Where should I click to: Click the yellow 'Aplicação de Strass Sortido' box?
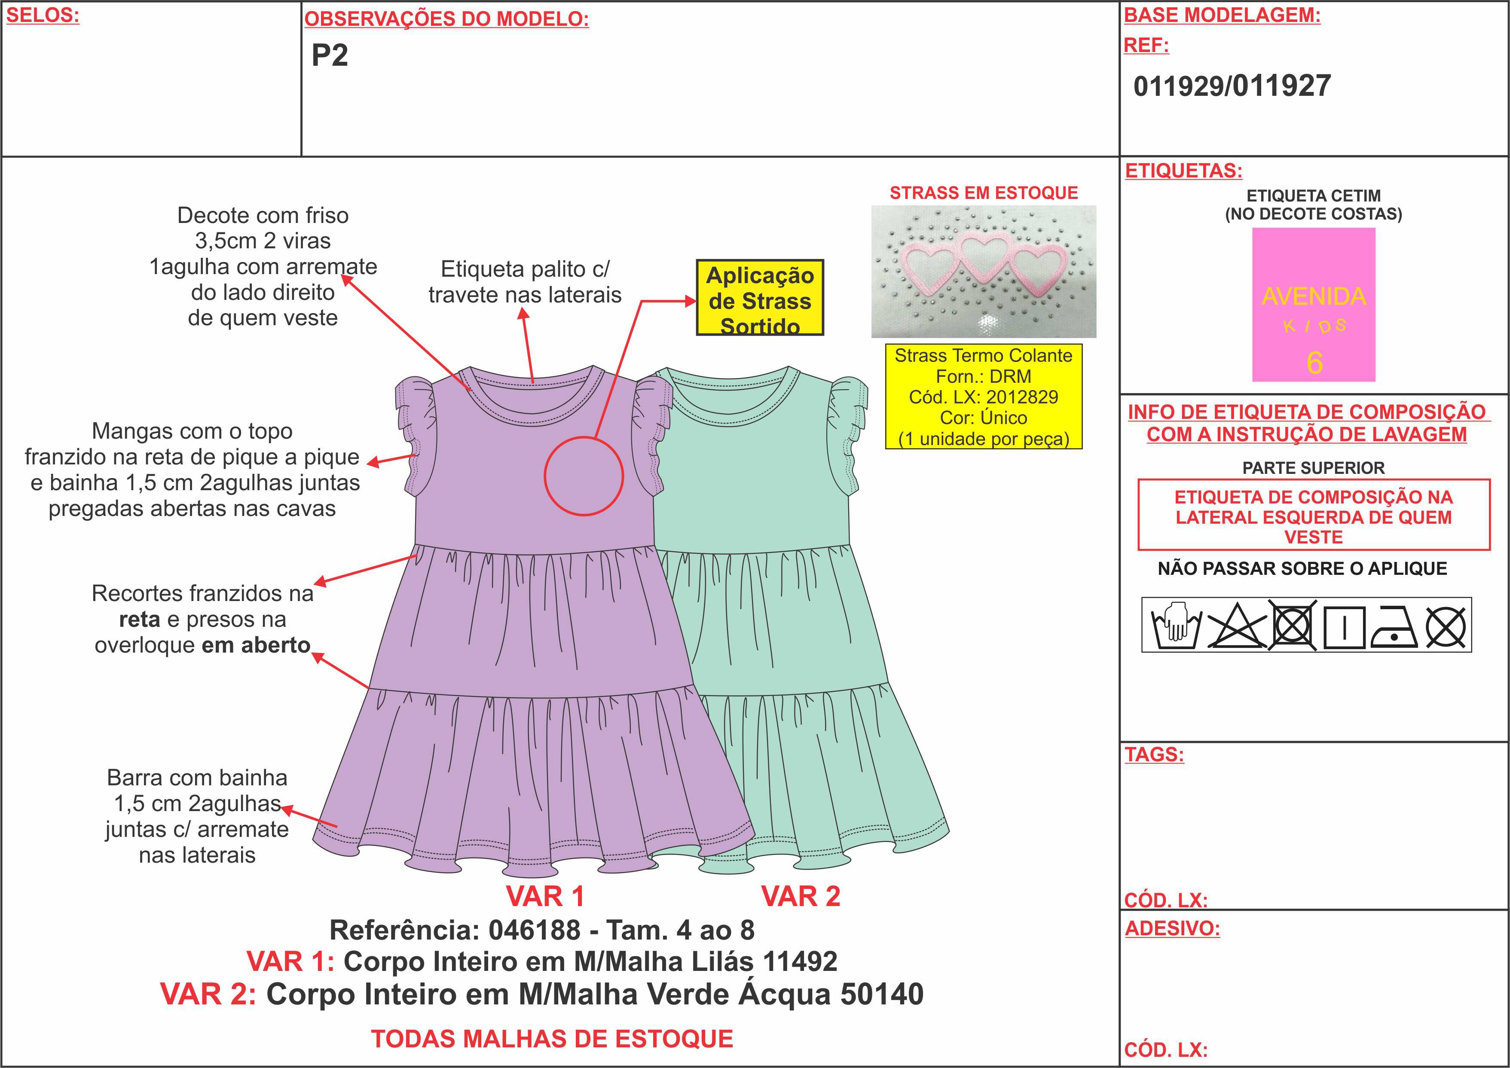[760, 297]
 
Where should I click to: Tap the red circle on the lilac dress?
[545, 476]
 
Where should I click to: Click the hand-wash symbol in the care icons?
[1177, 625]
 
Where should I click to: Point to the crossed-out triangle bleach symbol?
[1236, 625]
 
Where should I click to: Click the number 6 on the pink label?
[1314, 362]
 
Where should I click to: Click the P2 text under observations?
[330, 55]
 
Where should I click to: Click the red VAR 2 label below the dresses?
[801, 896]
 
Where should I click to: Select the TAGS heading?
[1154, 754]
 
